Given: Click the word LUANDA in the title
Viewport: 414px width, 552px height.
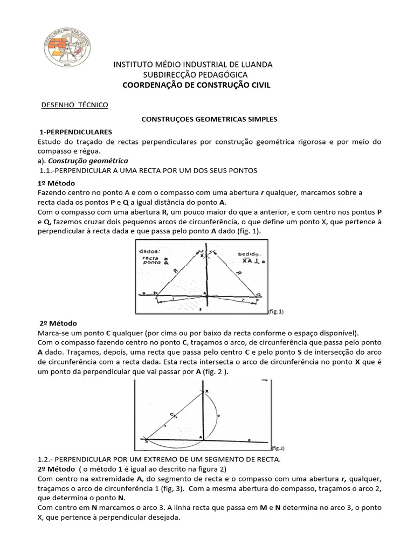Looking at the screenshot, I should [254, 65].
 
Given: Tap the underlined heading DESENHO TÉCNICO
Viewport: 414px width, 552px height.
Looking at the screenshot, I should [75, 105].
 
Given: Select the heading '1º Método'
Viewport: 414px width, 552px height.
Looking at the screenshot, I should [57, 183].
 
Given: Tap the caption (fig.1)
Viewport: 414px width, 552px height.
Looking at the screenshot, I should [276, 311].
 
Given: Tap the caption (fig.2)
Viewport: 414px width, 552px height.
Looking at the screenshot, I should [278, 447].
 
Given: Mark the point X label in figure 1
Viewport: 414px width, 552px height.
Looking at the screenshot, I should [202, 257].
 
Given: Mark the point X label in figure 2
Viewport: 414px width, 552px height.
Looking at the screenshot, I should [206, 391].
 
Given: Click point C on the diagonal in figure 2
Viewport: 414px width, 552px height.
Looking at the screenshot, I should [173, 414].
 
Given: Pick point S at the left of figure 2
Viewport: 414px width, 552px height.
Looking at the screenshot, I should [146, 441].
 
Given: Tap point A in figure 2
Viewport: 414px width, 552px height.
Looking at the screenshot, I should [201, 437].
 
